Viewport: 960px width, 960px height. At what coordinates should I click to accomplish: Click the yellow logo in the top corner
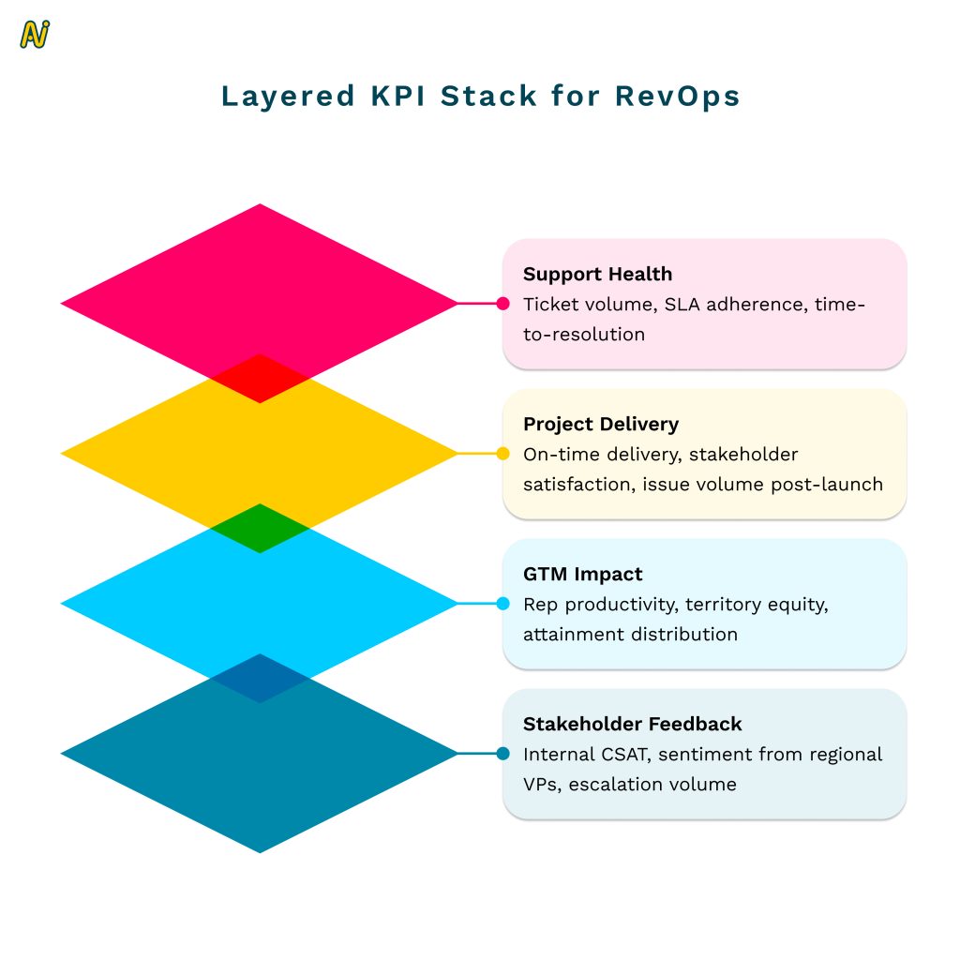pos(35,35)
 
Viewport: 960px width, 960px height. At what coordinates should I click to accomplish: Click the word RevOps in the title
pos(677,97)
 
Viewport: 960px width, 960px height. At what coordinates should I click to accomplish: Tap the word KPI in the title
pos(397,97)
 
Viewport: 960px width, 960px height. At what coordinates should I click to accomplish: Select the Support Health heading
pos(597,275)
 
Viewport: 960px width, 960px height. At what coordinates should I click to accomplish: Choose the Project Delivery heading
pos(601,425)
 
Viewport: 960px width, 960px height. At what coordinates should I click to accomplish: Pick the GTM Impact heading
pos(583,575)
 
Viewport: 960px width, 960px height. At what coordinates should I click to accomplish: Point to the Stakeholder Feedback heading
pos(633,725)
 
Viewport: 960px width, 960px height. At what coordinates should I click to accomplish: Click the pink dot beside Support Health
pos(502,304)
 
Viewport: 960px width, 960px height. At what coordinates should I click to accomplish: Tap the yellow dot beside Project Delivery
pos(502,454)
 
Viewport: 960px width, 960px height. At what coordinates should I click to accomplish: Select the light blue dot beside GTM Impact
pos(502,604)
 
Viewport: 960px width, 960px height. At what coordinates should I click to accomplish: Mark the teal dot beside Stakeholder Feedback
pos(502,754)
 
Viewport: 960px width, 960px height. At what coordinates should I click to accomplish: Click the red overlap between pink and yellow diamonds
pos(260,379)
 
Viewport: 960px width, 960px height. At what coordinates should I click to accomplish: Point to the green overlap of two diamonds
pos(260,529)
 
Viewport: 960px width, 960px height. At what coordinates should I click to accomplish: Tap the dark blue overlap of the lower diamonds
pos(260,679)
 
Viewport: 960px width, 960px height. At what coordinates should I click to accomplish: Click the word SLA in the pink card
pos(682,305)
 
